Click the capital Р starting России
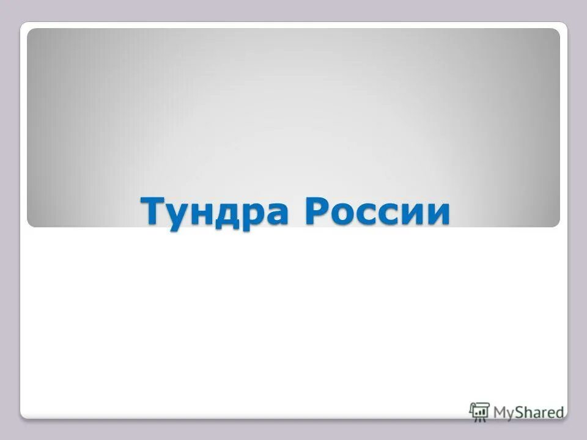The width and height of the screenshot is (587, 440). click(316, 211)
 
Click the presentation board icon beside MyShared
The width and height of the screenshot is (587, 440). click(479, 411)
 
